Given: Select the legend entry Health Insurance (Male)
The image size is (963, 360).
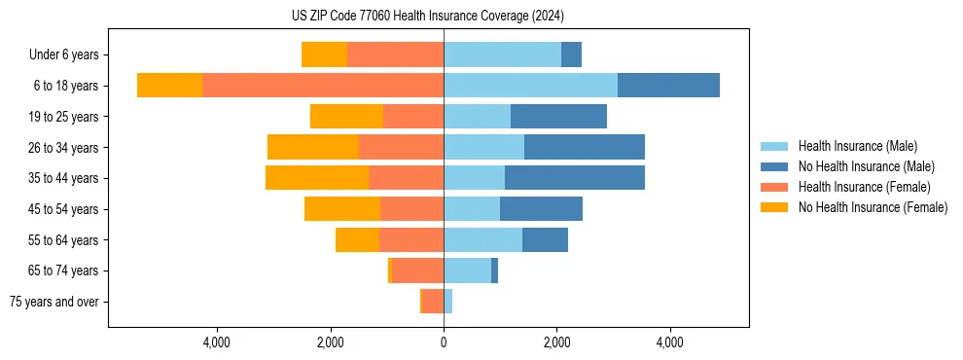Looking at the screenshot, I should tap(857, 146).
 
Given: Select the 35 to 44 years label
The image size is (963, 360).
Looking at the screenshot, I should tap(65, 178).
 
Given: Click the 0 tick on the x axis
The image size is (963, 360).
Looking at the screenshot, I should tap(444, 342).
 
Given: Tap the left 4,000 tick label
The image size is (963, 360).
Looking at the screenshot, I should tap(216, 342).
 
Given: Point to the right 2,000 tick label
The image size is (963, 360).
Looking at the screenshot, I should tap(557, 342).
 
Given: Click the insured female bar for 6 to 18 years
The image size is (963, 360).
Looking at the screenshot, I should tap(323, 86).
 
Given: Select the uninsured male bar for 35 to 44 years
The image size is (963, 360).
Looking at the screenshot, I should tap(574, 178).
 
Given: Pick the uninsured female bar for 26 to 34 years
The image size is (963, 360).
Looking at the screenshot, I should tap(313, 147).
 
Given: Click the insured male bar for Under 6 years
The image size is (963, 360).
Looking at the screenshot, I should tap(502, 55).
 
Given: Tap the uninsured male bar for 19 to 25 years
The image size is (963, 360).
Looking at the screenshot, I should tap(558, 117).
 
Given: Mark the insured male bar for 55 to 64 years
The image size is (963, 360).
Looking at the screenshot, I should tap(482, 239).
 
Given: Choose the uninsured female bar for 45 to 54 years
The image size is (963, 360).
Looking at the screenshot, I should tap(342, 208).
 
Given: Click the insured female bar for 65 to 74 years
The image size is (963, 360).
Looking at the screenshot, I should tap(418, 270).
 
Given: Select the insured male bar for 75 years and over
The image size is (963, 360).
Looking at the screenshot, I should tap(447, 302).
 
